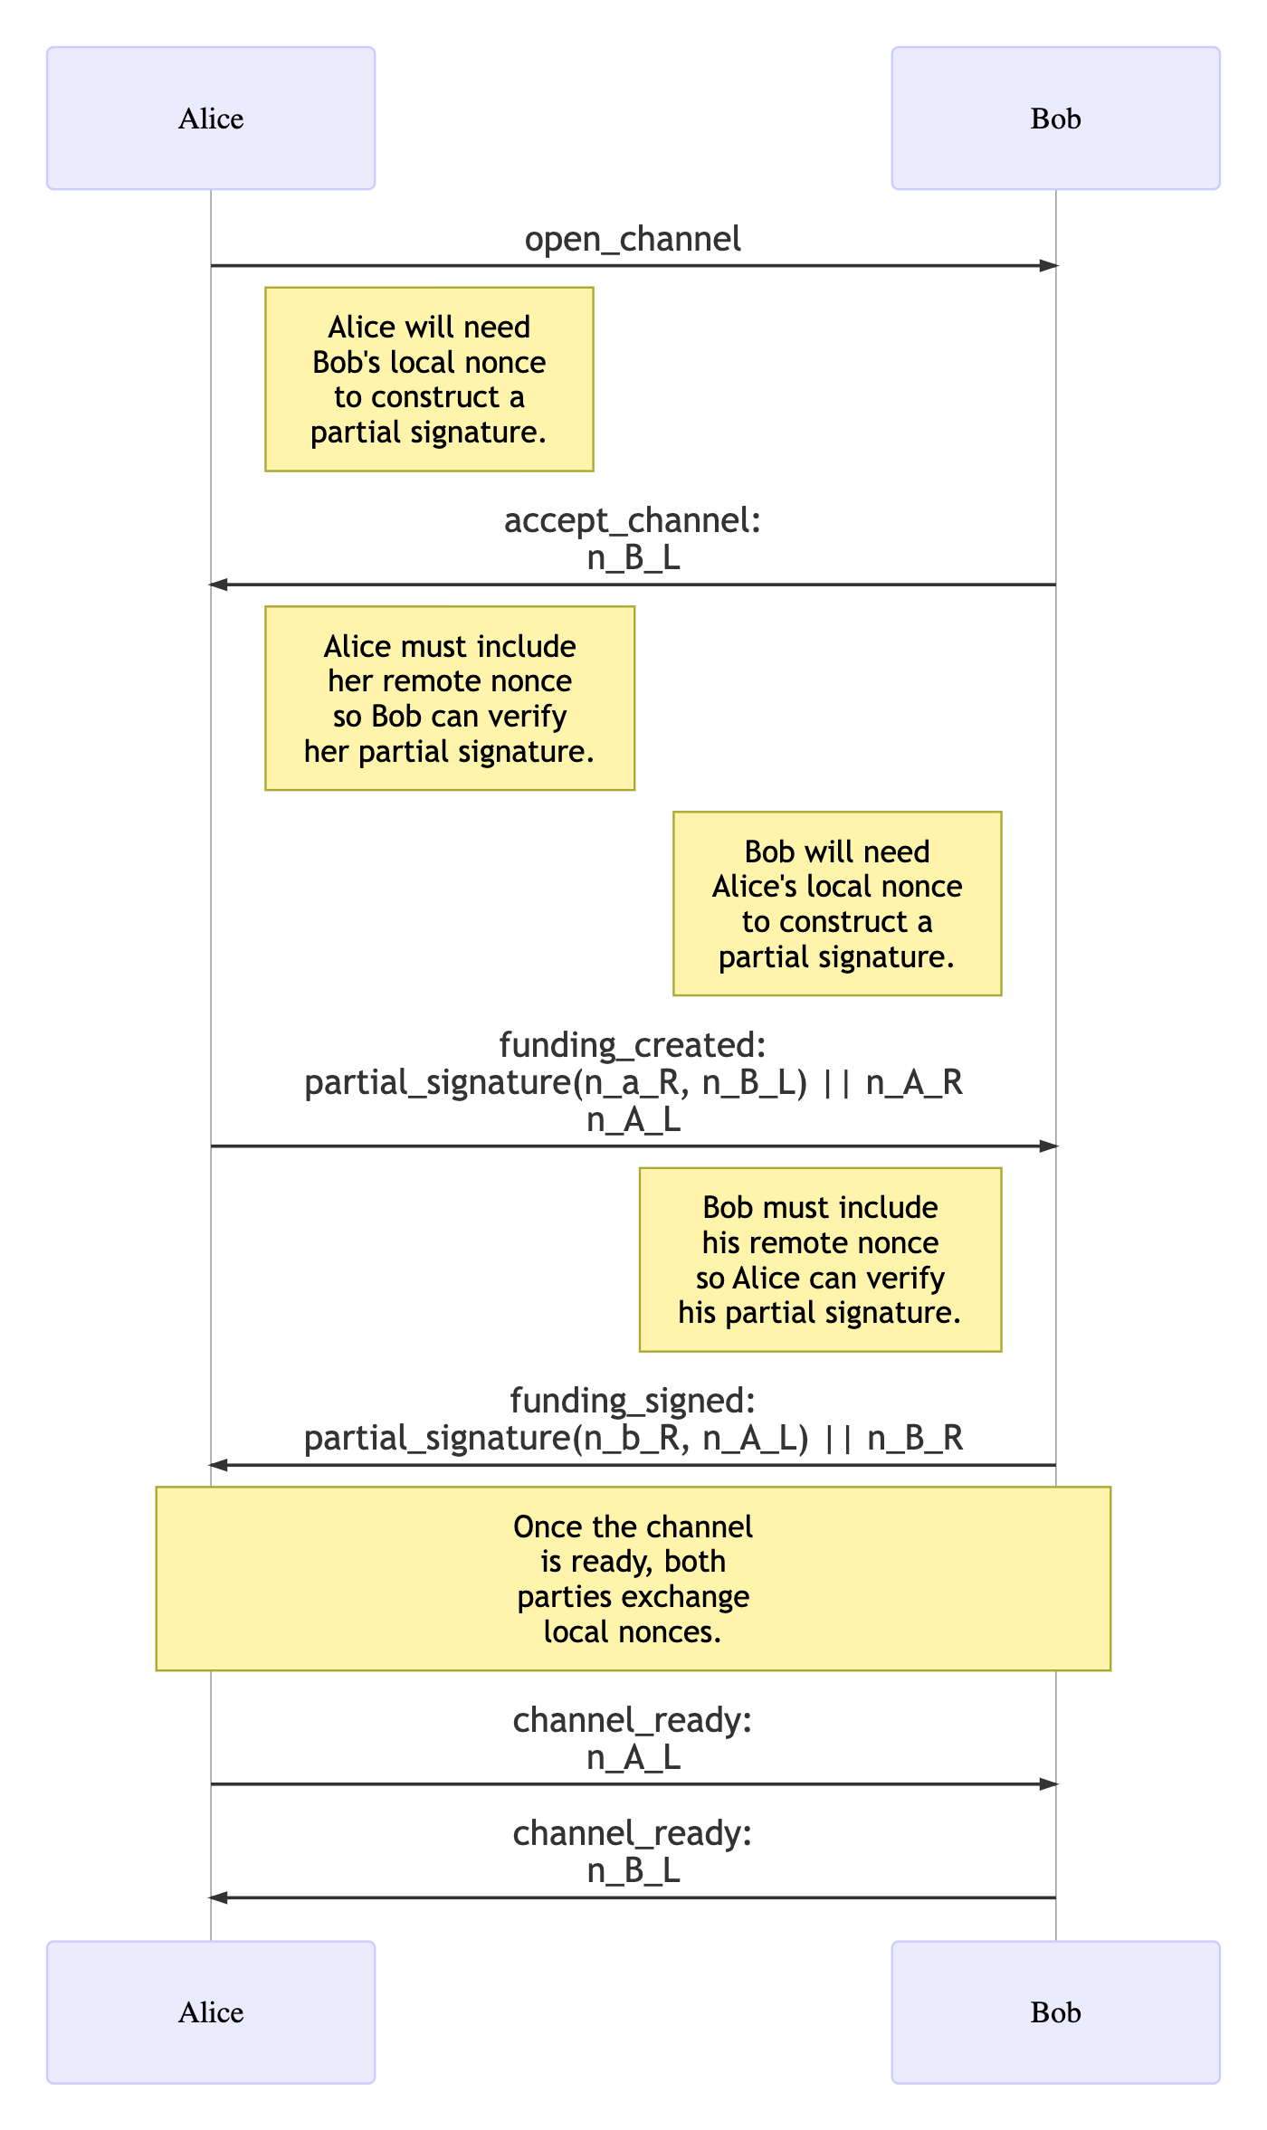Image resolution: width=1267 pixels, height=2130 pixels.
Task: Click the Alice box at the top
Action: tap(211, 119)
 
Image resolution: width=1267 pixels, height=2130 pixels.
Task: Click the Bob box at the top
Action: tap(1055, 119)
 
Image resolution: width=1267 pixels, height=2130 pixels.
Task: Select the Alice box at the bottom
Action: tap(211, 2012)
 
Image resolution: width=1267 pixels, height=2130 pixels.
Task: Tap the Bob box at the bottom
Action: tap(1055, 2012)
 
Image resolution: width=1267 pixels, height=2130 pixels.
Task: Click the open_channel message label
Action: tap(633, 239)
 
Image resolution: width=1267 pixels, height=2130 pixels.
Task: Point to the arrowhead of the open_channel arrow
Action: tap(1049, 266)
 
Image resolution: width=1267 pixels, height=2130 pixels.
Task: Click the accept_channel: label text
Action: tap(633, 520)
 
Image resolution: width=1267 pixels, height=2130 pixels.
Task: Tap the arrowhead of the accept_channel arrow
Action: tap(218, 585)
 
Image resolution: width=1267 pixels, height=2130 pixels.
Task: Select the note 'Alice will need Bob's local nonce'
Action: tap(429, 379)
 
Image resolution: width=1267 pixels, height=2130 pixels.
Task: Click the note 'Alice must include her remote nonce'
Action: tap(450, 699)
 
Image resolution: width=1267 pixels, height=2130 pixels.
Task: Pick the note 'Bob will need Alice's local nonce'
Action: tap(837, 904)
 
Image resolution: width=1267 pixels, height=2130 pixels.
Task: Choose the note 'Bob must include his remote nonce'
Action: tap(820, 1260)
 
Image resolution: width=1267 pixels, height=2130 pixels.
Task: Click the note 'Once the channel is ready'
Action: tap(633, 1579)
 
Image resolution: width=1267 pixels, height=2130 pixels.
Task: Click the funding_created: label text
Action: tap(633, 1045)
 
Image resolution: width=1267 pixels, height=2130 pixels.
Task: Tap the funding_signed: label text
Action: tap(633, 1401)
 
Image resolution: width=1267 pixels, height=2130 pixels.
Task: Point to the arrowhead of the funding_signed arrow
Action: tap(218, 1465)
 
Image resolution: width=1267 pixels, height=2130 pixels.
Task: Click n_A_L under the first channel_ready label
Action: tap(633, 1757)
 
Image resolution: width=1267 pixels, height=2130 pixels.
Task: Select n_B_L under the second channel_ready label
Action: tap(633, 1870)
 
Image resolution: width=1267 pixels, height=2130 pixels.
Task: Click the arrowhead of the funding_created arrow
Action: tap(1049, 1146)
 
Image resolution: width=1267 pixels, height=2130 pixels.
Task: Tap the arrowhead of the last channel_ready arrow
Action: tap(218, 1897)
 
